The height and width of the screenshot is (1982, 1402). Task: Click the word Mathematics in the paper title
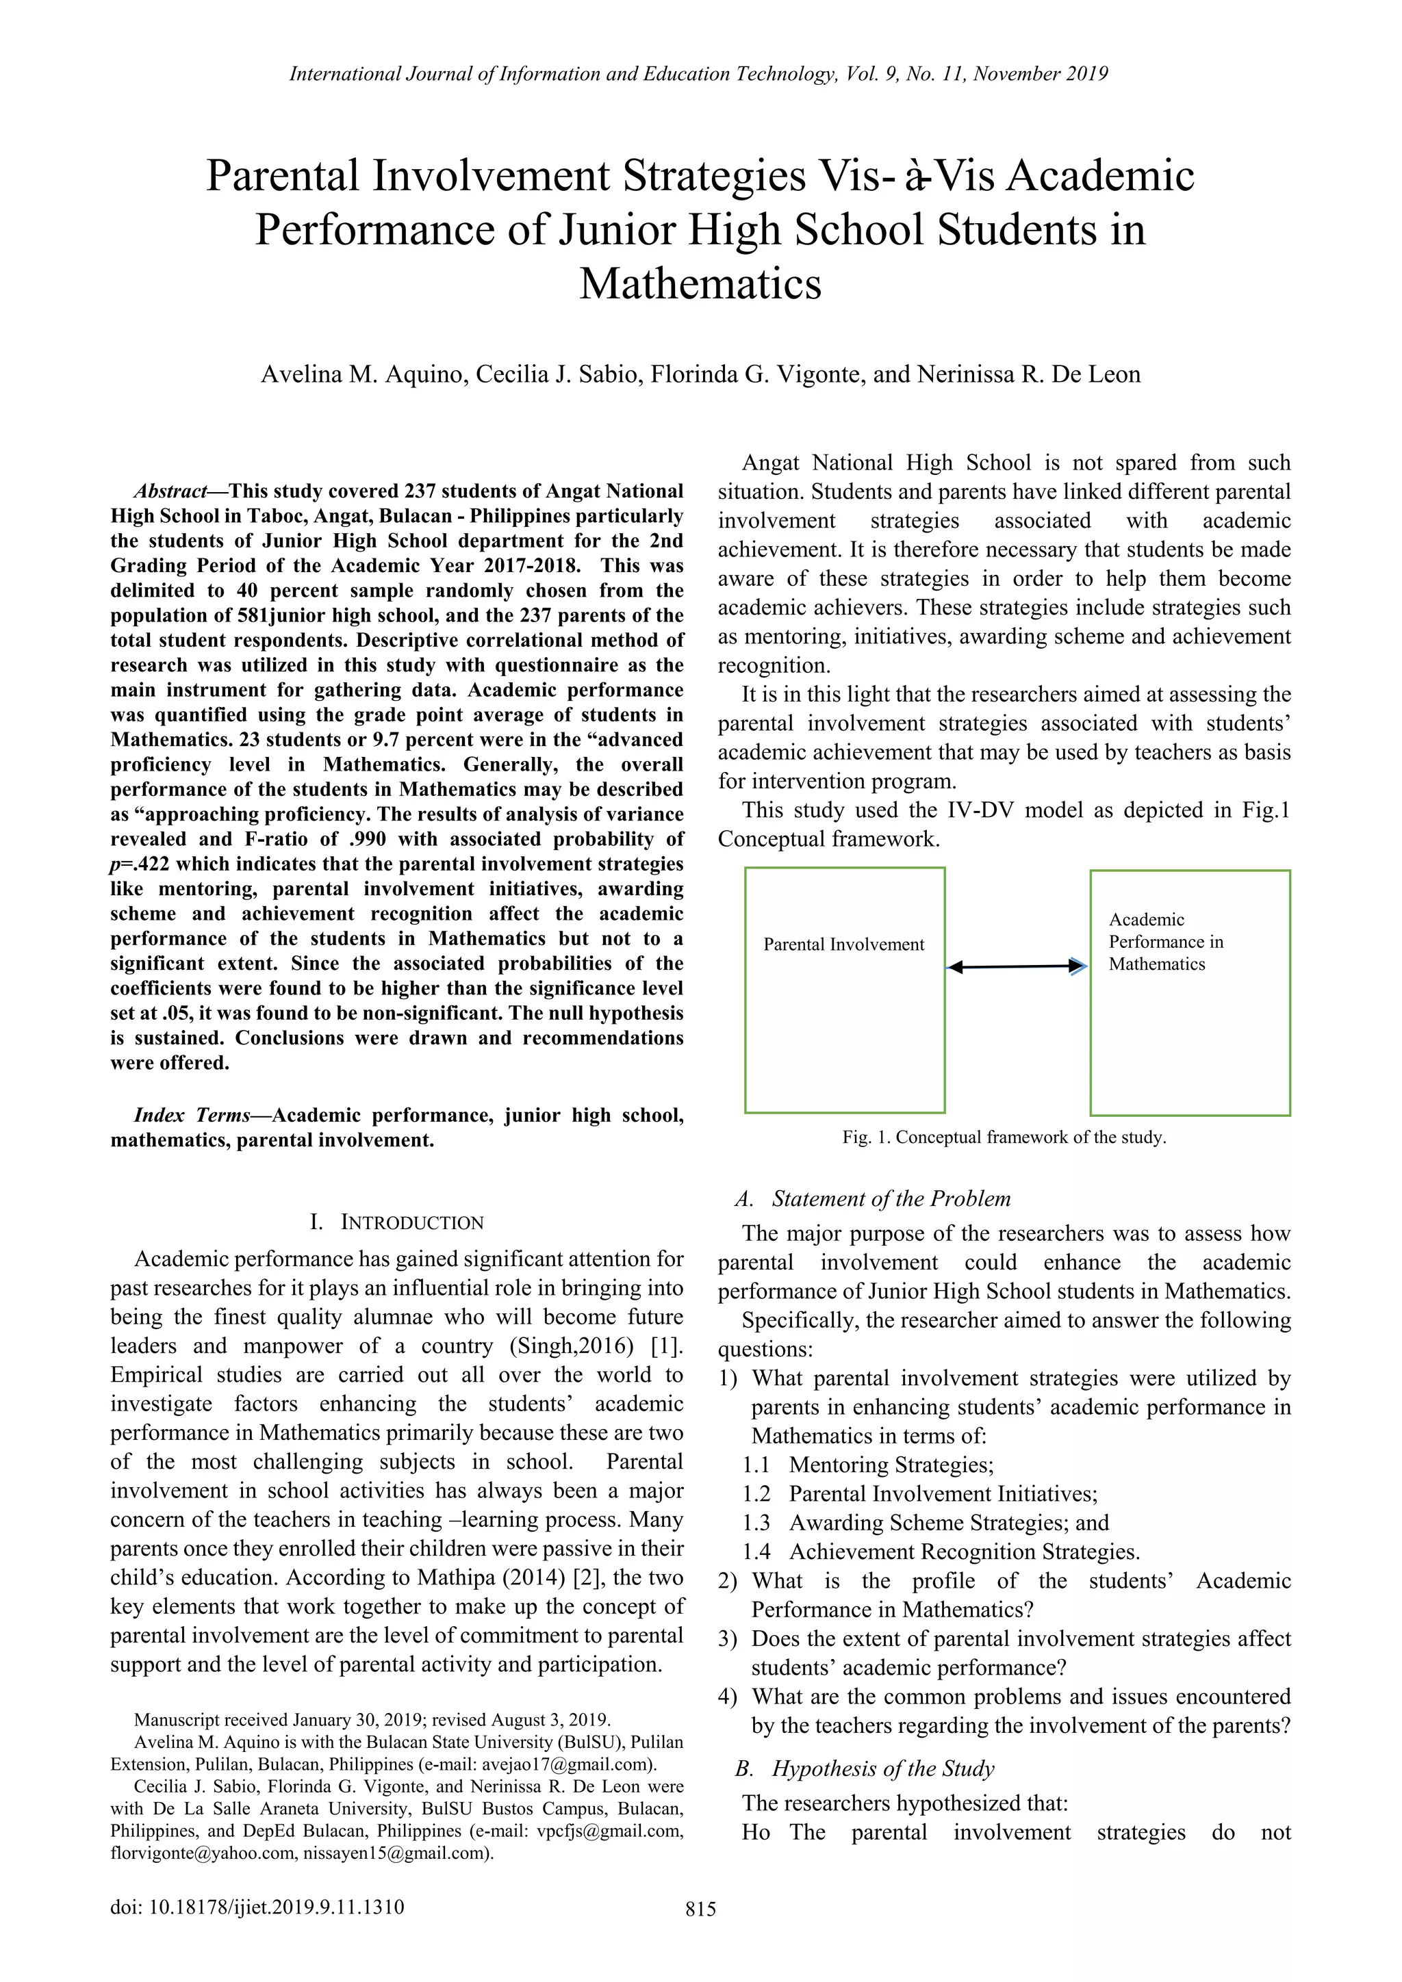pyautogui.click(x=700, y=284)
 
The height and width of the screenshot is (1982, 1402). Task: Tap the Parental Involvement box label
pyautogui.click(x=843, y=944)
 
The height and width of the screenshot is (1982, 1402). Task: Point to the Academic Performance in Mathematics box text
pyautogui.click(x=1165, y=942)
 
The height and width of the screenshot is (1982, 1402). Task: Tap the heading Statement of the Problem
pyautogui.click(x=890, y=1198)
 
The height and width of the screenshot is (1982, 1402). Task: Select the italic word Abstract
pyautogui.click(x=170, y=492)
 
